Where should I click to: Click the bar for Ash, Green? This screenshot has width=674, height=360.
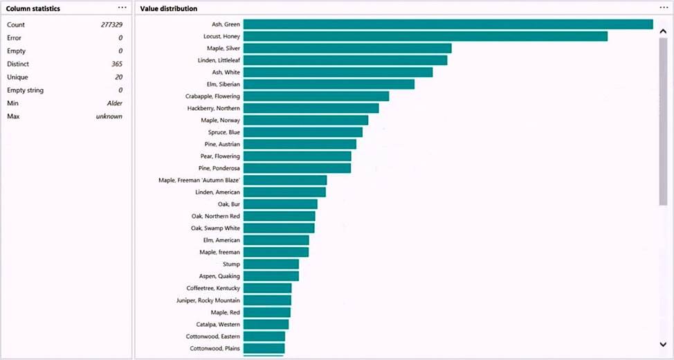coord(448,24)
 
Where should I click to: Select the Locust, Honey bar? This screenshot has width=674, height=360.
coord(425,36)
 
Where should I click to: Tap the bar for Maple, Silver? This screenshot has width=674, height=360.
coord(347,48)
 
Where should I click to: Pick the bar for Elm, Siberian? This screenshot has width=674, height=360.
coord(329,84)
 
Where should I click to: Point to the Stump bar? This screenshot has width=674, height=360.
coord(271,264)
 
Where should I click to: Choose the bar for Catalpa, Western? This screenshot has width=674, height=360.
coord(266,324)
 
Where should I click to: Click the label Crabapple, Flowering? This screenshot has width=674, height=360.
coord(212,96)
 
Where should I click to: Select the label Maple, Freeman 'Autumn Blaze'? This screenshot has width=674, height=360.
coord(199,180)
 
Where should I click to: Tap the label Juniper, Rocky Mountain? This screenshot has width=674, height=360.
coord(208,300)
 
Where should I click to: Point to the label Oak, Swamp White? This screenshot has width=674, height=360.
coord(215,228)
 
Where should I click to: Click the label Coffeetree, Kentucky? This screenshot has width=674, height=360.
coord(213,288)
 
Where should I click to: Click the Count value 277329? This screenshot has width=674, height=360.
coord(111,24)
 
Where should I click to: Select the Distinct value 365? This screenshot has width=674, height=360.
coord(116,64)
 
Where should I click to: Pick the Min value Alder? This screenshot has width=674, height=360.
coord(114,103)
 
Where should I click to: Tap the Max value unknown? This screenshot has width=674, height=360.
coord(109,116)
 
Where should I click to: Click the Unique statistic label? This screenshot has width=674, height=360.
coord(17,77)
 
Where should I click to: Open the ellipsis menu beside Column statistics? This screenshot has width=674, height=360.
coord(122,8)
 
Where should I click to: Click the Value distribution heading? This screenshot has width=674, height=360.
coord(168,9)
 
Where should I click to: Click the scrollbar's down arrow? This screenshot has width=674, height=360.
coord(663,344)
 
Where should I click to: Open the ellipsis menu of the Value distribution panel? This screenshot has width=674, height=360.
coord(664,8)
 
